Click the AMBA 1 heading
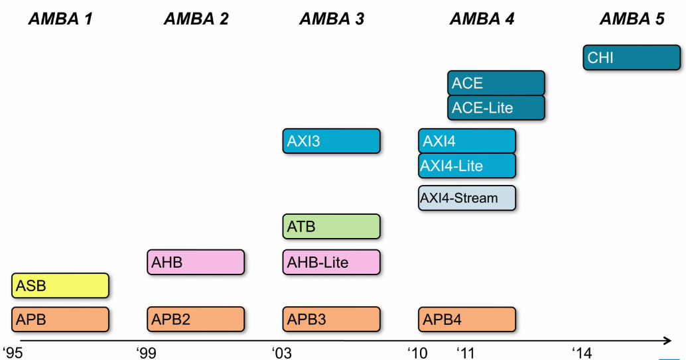(60, 19)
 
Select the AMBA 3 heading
(332, 19)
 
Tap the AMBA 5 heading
(632, 19)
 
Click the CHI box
(632, 57)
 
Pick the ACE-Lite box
(496, 107)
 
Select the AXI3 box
(331, 141)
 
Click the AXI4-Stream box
(467, 198)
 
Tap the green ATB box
(331, 226)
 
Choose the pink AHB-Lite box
(331, 262)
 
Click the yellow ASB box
(60, 286)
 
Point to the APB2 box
(196, 320)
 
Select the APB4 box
(467, 320)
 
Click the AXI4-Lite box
(467, 166)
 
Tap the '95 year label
(13, 353)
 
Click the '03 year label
(282, 353)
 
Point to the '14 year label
(582, 353)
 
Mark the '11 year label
(466, 353)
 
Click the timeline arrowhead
(667, 340)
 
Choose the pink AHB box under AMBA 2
(196, 262)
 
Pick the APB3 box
(331, 320)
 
